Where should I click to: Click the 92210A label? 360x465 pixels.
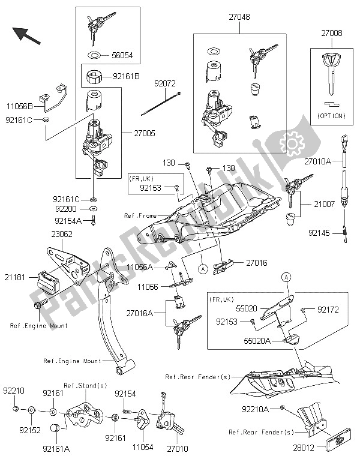[x=256, y=409]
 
